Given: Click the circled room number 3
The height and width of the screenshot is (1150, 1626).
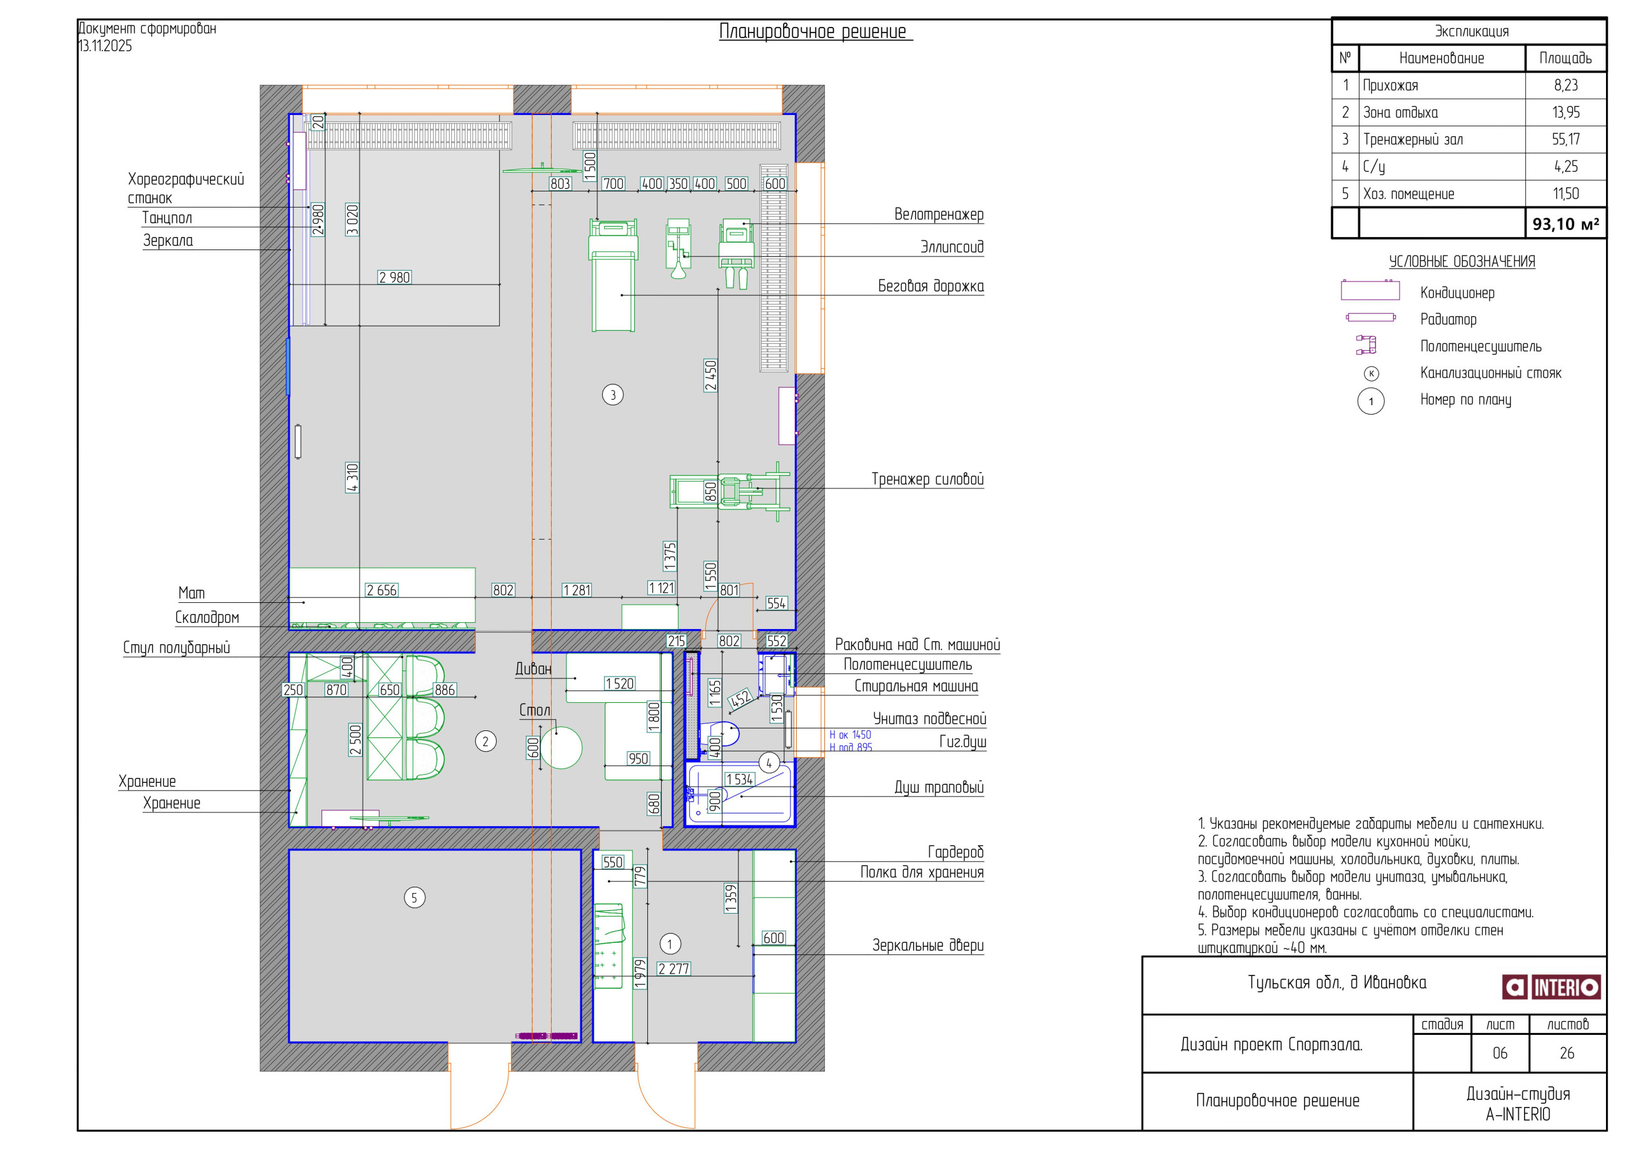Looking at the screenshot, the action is tap(613, 395).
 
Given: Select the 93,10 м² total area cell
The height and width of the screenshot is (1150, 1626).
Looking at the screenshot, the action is tap(1565, 224).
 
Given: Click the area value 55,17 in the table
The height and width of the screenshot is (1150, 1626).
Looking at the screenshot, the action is tap(1565, 139).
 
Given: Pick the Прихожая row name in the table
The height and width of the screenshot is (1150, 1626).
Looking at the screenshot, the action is tap(1390, 86).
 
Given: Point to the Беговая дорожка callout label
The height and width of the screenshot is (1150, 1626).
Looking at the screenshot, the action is tap(931, 286).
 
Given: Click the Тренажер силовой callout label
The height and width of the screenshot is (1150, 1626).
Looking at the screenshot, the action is tap(927, 480).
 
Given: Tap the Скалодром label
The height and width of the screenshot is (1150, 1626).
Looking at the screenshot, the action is tap(207, 617).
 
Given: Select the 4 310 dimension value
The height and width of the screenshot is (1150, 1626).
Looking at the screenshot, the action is tap(353, 478).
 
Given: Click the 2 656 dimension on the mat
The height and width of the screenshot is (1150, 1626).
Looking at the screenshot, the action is tap(381, 590).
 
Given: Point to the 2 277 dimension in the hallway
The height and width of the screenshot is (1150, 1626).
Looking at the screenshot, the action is tap(674, 969).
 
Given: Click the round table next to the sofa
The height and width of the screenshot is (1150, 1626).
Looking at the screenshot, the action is tap(561, 748).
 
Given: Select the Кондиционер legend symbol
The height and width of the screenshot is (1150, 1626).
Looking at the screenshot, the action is tap(1370, 290).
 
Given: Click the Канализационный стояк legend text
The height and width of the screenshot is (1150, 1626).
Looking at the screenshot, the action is tap(1491, 373).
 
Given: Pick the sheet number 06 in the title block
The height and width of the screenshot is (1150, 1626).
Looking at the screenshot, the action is tap(1500, 1053).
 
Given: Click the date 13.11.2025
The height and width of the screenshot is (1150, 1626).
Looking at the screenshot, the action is tap(105, 46).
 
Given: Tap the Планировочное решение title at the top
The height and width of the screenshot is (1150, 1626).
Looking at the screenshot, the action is tap(813, 31).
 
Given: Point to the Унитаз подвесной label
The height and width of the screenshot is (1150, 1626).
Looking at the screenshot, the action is tap(929, 719).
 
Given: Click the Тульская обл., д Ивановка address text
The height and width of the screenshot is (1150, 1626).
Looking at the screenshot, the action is tap(1337, 983).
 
